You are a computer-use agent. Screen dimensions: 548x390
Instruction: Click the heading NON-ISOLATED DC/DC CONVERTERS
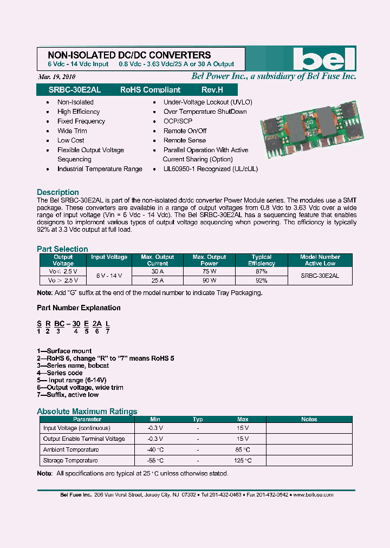pos(129,55)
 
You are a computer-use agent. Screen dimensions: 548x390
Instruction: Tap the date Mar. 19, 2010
pos(57,76)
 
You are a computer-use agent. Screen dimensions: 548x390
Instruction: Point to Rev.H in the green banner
pos(212,90)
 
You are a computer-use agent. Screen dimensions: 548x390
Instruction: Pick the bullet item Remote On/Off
pos(185,131)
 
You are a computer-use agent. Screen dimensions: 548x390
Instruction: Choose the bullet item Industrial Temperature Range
pos(100,169)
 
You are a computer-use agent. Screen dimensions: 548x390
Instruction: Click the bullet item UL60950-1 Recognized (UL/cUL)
pos(211,169)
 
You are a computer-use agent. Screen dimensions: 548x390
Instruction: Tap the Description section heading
pos(58,192)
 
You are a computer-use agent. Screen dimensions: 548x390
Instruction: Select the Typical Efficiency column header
pos(262,260)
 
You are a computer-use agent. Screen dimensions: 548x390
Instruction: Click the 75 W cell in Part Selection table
pos(209,271)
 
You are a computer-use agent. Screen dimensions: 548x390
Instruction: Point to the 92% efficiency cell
pos(262,280)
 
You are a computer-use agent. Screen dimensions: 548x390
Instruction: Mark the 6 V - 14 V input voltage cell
pos(109,276)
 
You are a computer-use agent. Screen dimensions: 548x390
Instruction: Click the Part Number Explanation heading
pos(79,308)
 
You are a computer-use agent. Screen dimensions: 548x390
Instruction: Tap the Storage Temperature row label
pos(70,460)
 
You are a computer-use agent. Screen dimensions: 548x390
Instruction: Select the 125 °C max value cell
pos(243,460)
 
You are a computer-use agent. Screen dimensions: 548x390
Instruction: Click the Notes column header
pos(309,419)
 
